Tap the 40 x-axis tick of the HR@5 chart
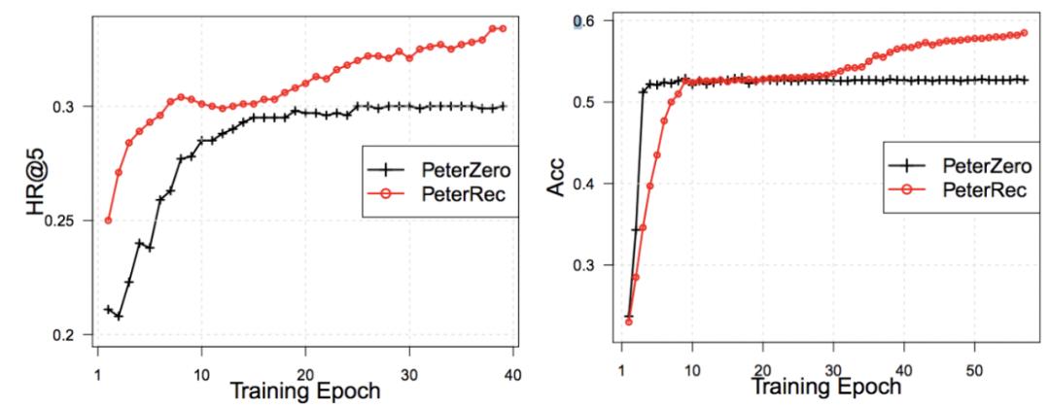click(x=513, y=375)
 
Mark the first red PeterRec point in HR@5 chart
click(x=108, y=221)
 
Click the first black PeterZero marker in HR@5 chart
click(x=108, y=309)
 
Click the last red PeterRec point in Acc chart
click(x=1023, y=33)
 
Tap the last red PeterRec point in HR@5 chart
click(x=503, y=27)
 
